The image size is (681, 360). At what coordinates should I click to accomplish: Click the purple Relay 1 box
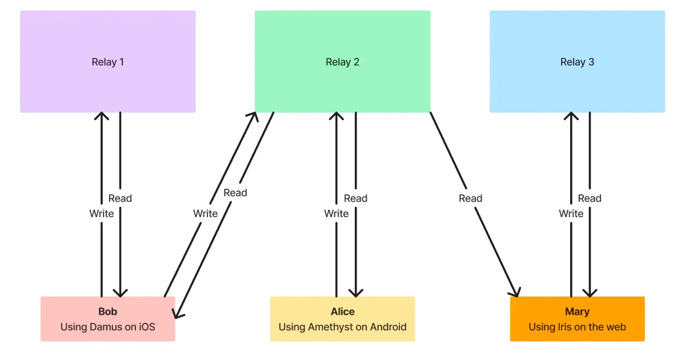[107, 62]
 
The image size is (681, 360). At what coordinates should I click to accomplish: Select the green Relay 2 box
[342, 62]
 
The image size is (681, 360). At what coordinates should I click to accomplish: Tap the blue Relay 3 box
[577, 62]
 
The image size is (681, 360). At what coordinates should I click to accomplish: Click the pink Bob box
[107, 319]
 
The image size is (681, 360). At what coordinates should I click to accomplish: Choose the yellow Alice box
[342, 319]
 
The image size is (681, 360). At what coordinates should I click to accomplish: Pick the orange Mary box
[577, 319]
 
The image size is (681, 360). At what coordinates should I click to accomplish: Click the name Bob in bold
[107, 311]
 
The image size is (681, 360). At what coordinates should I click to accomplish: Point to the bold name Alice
[342, 311]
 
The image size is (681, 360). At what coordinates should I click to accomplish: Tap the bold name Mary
[577, 311]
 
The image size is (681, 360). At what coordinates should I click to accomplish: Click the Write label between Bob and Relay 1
[101, 214]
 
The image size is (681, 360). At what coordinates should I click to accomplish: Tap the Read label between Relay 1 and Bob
[120, 198]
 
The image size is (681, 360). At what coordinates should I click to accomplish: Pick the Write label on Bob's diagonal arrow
[205, 214]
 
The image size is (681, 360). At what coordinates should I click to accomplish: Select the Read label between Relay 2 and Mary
[470, 198]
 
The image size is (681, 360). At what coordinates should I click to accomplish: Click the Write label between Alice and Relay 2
[336, 214]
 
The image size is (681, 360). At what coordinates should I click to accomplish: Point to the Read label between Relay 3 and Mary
[590, 198]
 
